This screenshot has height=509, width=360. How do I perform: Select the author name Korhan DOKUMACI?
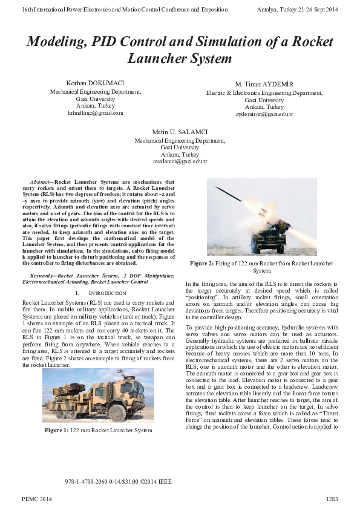click(x=95, y=82)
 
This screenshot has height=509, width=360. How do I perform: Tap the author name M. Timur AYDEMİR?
click(x=264, y=83)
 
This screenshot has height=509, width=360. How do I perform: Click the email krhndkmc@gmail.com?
click(x=95, y=112)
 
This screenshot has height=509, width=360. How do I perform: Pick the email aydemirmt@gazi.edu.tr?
click(x=264, y=114)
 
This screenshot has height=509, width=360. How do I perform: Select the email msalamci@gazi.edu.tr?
click(x=180, y=161)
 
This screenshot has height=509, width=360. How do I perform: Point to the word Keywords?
click(x=42, y=275)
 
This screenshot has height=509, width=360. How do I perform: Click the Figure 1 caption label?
click(x=59, y=430)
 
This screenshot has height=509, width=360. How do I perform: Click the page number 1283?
click(x=332, y=499)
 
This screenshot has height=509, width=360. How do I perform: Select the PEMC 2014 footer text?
click(x=36, y=499)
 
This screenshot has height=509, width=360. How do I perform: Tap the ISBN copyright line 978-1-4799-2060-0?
click(x=118, y=482)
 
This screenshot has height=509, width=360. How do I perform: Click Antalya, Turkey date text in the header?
click(x=297, y=10)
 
